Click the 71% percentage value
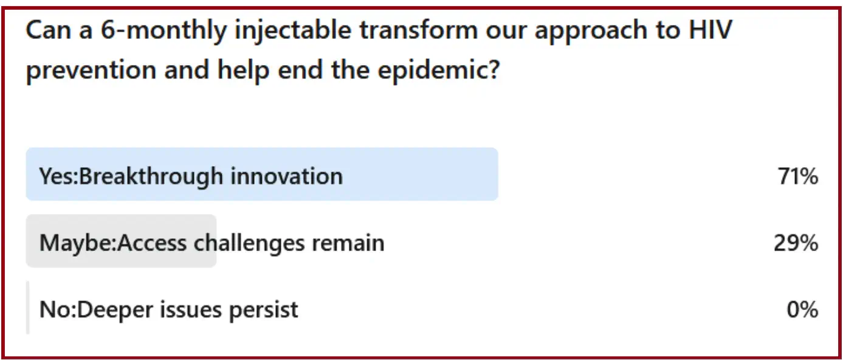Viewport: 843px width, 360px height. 798,176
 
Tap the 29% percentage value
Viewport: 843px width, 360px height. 796,243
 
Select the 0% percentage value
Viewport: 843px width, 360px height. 802,310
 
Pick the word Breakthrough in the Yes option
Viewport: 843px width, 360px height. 151,177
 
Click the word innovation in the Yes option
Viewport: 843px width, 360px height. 286,176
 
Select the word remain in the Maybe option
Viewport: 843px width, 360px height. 348,243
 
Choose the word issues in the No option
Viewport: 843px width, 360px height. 191,310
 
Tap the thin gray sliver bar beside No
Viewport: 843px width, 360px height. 28,308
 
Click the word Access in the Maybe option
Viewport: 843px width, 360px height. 152,243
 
